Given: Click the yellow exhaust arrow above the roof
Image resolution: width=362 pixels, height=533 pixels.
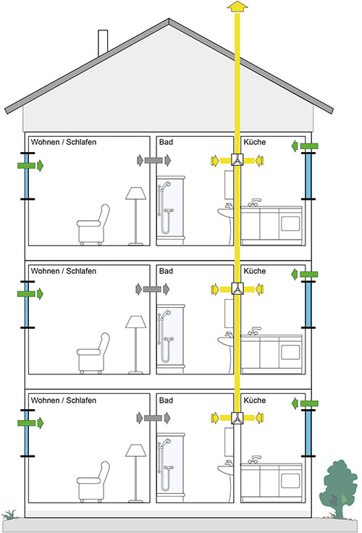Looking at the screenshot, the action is (x=237, y=7).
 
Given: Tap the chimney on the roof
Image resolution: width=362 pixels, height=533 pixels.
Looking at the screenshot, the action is (x=103, y=43).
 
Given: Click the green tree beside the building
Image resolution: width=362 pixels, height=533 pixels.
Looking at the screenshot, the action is (x=338, y=489).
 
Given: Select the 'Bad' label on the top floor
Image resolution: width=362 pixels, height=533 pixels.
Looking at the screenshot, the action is (x=166, y=142).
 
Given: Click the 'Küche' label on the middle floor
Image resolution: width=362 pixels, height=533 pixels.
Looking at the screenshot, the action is (x=255, y=271).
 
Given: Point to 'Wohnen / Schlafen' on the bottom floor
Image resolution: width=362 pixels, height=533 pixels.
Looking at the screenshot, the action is (x=64, y=400).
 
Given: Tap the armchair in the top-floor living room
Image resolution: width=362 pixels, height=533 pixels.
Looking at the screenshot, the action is (x=93, y=224).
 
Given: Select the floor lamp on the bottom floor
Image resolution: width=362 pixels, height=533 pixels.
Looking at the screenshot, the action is (x=135, y=473).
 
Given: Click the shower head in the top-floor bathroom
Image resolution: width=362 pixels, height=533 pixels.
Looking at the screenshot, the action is (x=167, y=185).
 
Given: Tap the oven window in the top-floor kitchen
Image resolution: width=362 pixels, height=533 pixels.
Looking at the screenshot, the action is (x=290, y=224).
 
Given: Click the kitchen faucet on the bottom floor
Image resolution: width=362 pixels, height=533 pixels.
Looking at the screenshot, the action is (x=254, y=459).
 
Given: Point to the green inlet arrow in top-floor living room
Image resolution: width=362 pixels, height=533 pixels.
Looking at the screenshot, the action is (x=30, y=166).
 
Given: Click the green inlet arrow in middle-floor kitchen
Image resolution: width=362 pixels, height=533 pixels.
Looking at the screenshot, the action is (x=305, y=274).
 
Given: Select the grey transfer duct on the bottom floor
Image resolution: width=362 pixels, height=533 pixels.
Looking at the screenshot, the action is (x=153, y=418).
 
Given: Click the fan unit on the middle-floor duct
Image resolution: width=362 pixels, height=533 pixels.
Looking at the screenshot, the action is (x=237, y=289).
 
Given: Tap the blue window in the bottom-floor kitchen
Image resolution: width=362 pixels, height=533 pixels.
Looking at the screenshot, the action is (x=308, y=433).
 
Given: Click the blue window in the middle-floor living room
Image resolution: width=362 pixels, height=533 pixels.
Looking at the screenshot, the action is (x=27, y=306).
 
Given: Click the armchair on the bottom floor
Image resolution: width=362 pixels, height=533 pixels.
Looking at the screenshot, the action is (x=93, y=482).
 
